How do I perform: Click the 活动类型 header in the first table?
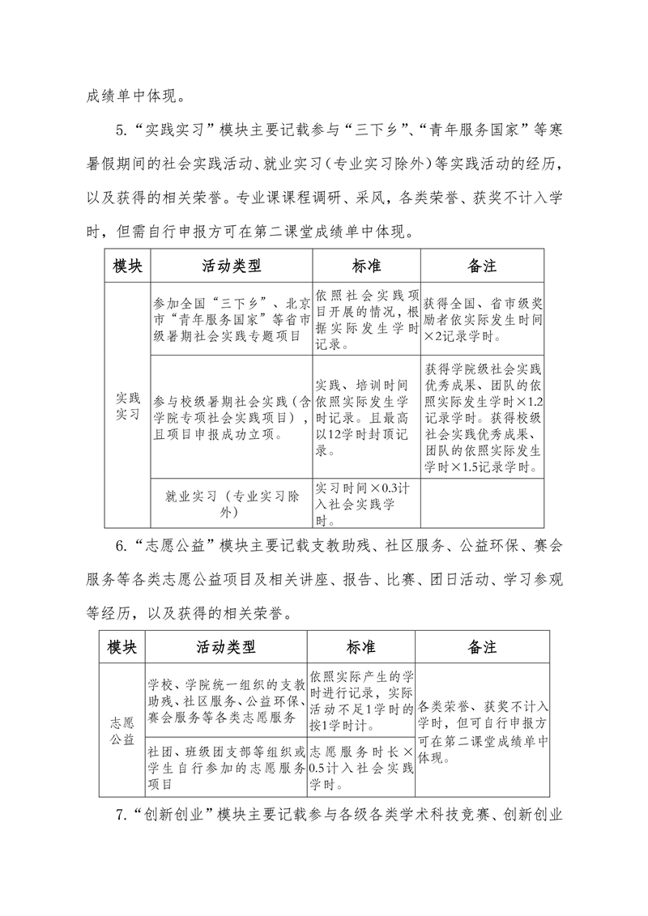(x=231, y=265)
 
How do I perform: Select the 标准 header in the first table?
(x=366, y=265)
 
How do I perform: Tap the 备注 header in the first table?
(x=482, y=265)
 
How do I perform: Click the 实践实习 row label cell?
(x=127, y=406)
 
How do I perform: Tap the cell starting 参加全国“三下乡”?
(x=231, y=320)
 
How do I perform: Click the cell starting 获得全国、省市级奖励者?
(x=482, y=320)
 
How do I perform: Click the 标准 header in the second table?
(x=360, y=647)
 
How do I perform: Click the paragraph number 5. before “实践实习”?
(x=122, y=133)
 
